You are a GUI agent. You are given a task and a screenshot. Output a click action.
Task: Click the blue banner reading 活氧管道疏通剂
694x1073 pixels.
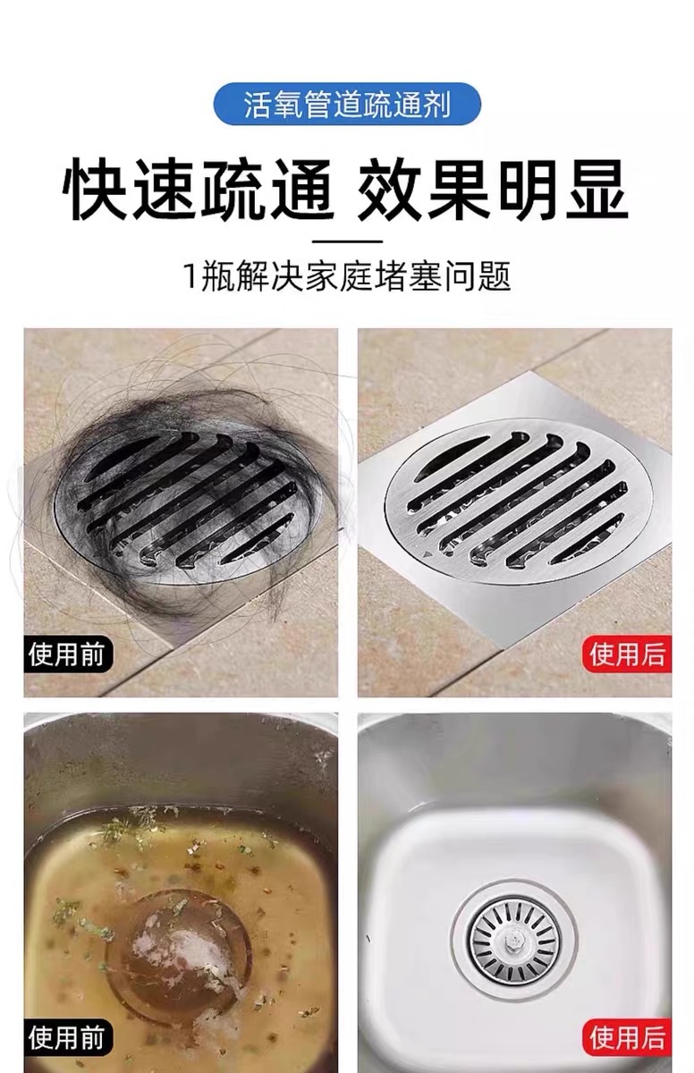pos(347,104)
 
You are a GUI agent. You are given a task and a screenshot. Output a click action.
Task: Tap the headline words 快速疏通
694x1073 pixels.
pos(198,190)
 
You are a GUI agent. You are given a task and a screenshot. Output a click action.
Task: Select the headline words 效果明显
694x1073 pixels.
pos(494,190)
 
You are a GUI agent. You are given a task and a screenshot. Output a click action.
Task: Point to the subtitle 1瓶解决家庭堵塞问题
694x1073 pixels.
pos(347,276)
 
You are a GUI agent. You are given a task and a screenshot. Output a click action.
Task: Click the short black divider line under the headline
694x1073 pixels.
pos(347,242)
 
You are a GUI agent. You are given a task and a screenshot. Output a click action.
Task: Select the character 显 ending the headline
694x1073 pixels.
pos(597,190)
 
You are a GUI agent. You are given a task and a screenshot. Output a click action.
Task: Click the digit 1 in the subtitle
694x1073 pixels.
pos(190,276)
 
